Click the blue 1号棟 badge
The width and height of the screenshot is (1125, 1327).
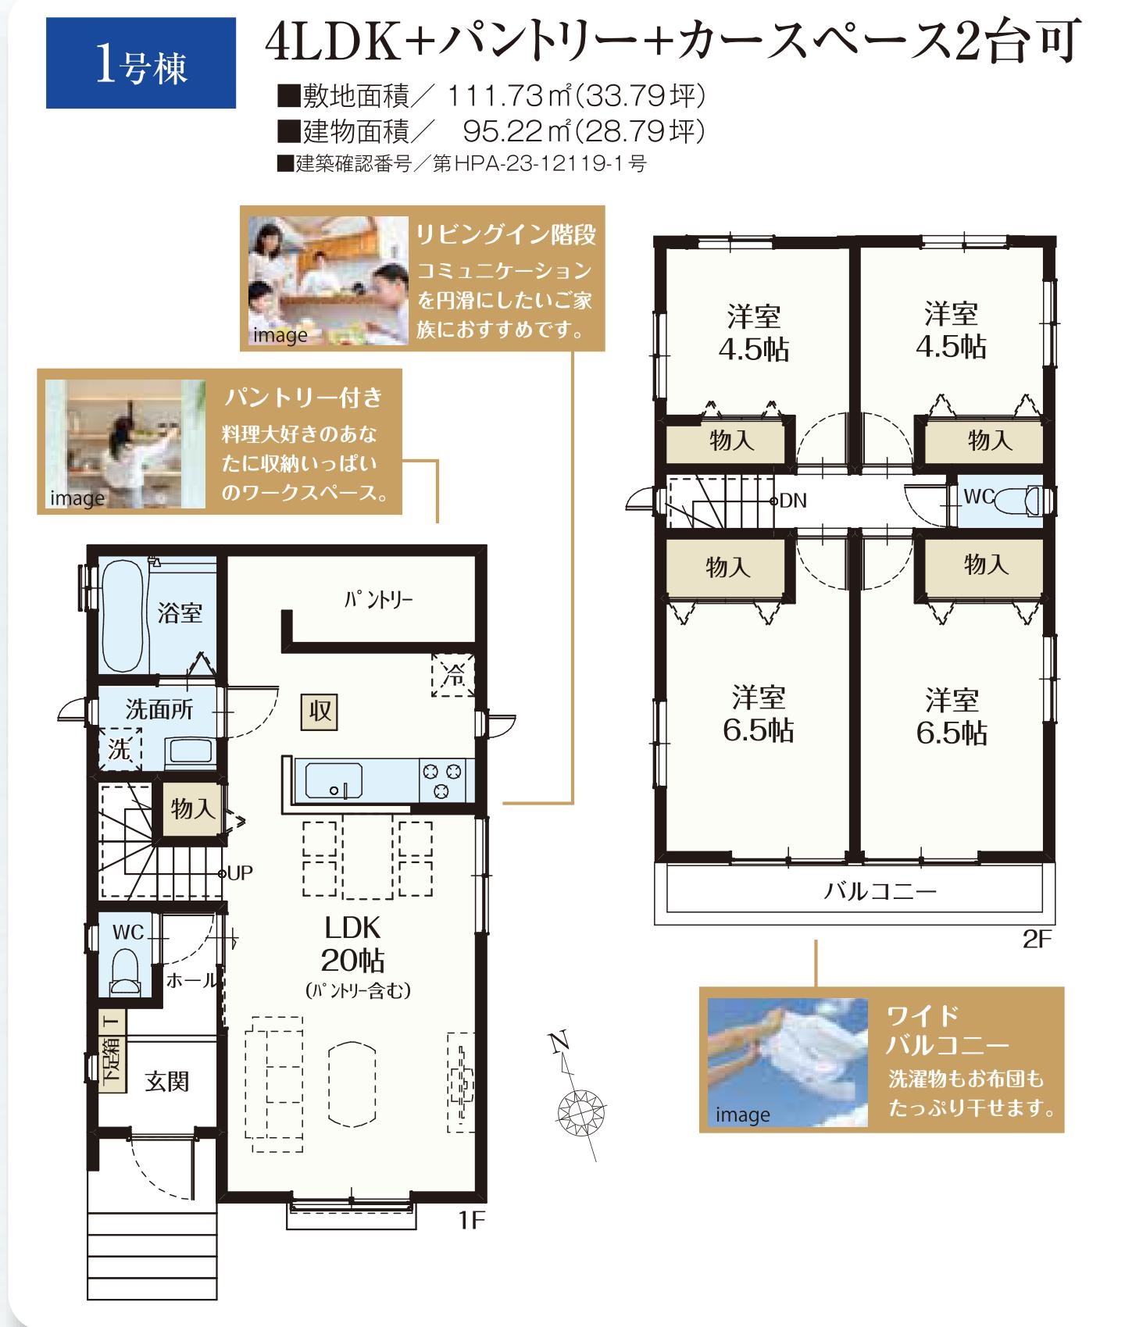141,63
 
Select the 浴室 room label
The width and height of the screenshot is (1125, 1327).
180,613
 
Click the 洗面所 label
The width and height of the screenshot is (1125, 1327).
159,709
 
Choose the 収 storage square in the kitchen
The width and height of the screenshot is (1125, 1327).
320,711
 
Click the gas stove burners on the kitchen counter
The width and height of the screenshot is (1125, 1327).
443,780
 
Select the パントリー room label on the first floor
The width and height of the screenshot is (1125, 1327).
378,599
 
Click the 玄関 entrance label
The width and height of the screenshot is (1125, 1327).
167,1082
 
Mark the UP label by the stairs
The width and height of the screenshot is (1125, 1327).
241,872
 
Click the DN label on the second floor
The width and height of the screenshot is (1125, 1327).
793,501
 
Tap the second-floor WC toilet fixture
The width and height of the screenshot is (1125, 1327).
1025,498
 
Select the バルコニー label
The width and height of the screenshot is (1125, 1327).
880,891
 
